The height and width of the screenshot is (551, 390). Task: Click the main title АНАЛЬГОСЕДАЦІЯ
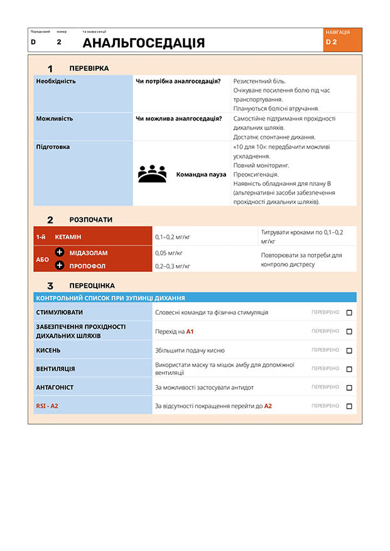[x=143, y=43]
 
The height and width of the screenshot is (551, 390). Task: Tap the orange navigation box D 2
[x=343, y=39]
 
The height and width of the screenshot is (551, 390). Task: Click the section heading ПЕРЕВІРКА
[x=89, y=68]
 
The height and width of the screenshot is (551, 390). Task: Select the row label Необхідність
[x=56, y=81]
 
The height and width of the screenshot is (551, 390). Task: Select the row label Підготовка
[x=53, y=146]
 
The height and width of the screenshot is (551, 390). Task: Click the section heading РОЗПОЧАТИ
[x=90, y=220]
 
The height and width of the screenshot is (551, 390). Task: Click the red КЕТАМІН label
[x=68, y=237]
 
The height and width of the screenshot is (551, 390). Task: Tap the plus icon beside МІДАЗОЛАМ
[x=60, y=252]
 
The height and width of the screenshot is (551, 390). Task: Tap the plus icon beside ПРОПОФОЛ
[x=60, y=265]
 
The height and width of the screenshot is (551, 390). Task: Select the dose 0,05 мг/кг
[x=168, y=253]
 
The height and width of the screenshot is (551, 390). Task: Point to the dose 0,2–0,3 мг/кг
[x=172, y=266]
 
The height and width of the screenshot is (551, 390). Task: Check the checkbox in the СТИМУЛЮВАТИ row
[x=349, y=312]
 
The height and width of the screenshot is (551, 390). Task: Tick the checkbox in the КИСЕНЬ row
[x=349, y=351]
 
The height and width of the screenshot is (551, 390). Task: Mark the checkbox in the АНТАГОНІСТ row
[x=349, y=388]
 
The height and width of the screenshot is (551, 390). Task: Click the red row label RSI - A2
[x=46, y=406]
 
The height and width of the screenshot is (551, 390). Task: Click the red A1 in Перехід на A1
[x=190, y=331]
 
